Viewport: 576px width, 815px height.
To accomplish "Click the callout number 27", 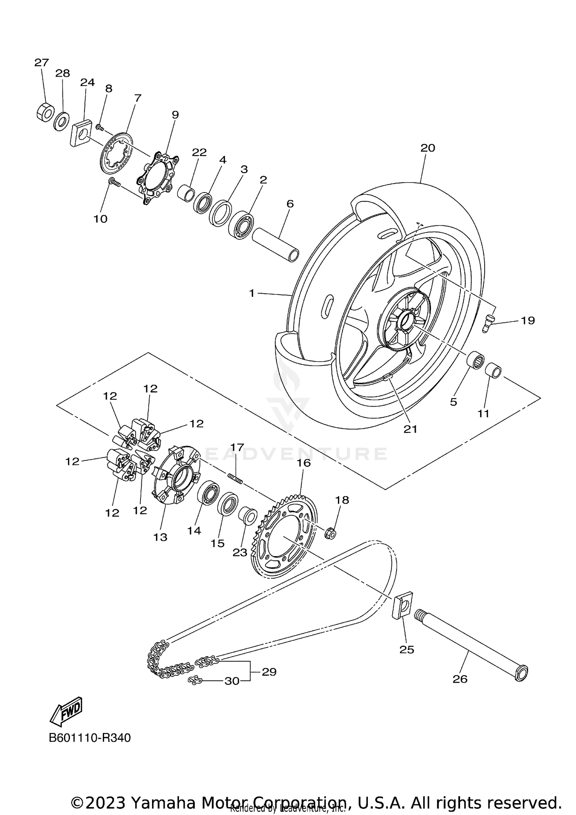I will point(41,63).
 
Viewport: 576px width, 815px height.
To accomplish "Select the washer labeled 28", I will point(61,121).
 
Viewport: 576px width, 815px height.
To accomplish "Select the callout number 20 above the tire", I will point(427,148).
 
